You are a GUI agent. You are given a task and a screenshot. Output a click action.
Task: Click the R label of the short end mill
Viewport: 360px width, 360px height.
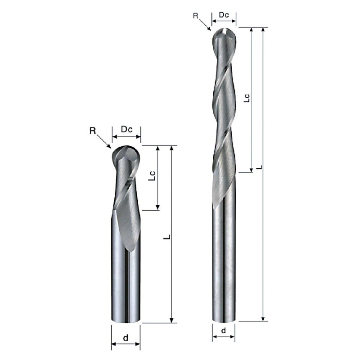(x=93, y=131)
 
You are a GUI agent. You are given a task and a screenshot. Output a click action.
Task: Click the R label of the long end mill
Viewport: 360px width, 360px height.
(x=196, y=16)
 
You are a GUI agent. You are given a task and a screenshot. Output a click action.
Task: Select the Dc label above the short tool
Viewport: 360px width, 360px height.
(x=127, y=130)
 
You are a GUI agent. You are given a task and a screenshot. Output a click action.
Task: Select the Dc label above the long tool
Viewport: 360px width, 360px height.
(x=224, y=15)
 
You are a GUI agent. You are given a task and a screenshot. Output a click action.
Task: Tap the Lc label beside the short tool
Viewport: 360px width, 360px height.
(x=152, y=175)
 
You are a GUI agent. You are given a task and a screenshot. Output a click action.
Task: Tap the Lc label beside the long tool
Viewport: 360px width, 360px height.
(x=246, y=98)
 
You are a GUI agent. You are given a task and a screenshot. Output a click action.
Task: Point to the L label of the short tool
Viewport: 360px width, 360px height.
(x=167, y=237)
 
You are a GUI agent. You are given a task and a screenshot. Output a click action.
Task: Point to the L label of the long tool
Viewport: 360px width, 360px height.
(x=259, y=167)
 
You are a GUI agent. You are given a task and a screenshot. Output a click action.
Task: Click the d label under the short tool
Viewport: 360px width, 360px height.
(x=126, y=338)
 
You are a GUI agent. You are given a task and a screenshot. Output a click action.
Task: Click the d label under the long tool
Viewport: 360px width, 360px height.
(x=223, y=331)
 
